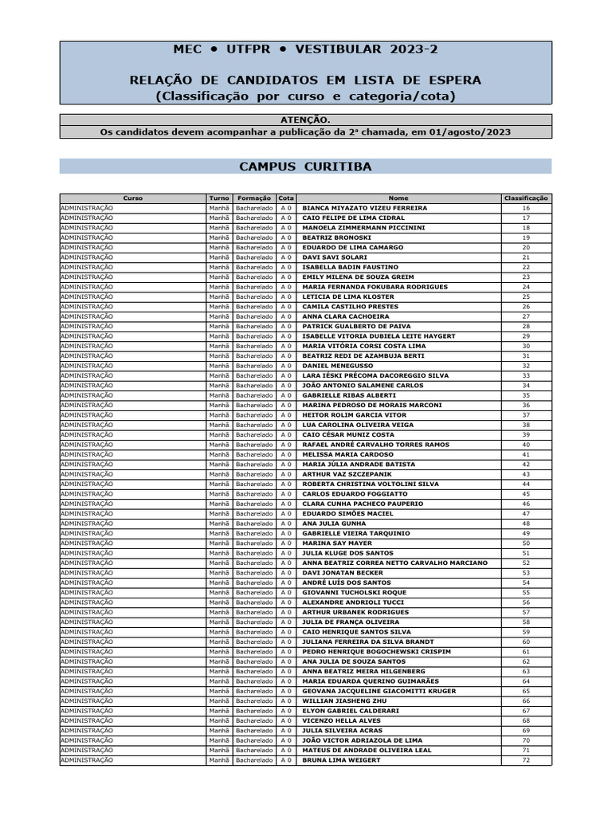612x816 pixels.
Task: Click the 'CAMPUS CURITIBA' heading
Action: tap(305, 167)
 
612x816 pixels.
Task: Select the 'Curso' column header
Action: tap(133, 198)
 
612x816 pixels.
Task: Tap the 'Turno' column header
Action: tap(219, 198)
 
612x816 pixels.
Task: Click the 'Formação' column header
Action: tap(254, 198)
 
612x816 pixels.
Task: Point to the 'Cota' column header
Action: tap(286, 198)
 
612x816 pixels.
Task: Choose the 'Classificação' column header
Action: tap(526, 198)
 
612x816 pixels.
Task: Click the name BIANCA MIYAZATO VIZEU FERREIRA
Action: tap(365, 208)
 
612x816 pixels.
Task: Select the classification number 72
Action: tap(526, 760)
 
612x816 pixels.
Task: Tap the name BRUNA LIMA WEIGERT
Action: tap(341, 760)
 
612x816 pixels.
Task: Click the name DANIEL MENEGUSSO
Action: tap(338, 366)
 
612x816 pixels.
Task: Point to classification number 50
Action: tap(526, 543)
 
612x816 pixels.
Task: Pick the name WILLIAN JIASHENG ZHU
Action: tap(344, 701)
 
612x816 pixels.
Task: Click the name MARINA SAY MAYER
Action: tap(337, 543)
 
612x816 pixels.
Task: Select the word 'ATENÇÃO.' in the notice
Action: tap(305, 120)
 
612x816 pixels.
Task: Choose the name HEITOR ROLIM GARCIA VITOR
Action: tap(355, 415)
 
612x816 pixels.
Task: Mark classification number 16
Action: tap(526, 208)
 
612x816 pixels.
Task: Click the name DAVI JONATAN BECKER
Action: tap(343, 573)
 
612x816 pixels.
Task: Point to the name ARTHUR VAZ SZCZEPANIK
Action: tap(347, 474)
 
